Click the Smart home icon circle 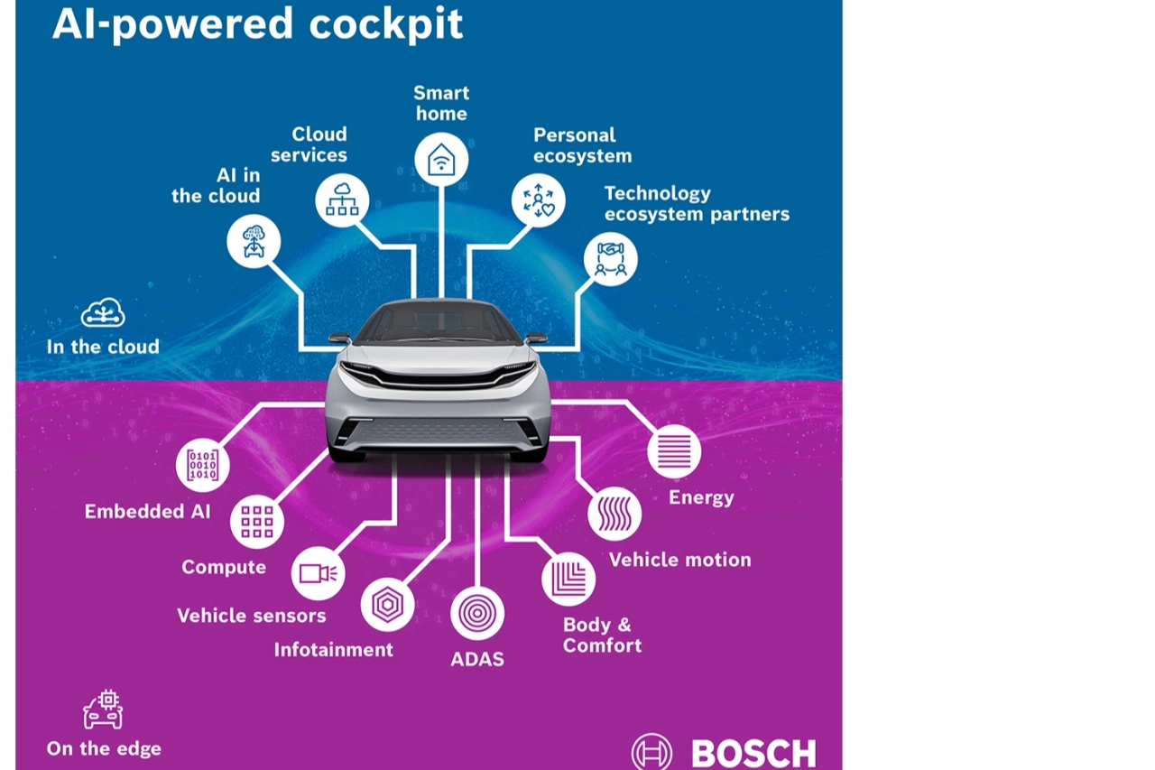click(441, 160)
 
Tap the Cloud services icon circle click(342, 199)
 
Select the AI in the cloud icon click(254, 242)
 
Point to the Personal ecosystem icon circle click(539, 200)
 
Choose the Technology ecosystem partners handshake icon click(611, 260)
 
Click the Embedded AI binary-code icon click(202, 465)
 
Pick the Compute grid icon click(257, 522)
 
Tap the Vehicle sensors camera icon click(318, 573)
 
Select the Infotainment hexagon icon click(387, 605)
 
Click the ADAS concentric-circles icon click(477, 613)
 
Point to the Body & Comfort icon click(568, 580)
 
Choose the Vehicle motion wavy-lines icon click(614, 514)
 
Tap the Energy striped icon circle click(674, 451)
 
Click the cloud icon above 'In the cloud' click(103, 313)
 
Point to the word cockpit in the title click(385, 24)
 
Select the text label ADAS click(477, 660)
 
